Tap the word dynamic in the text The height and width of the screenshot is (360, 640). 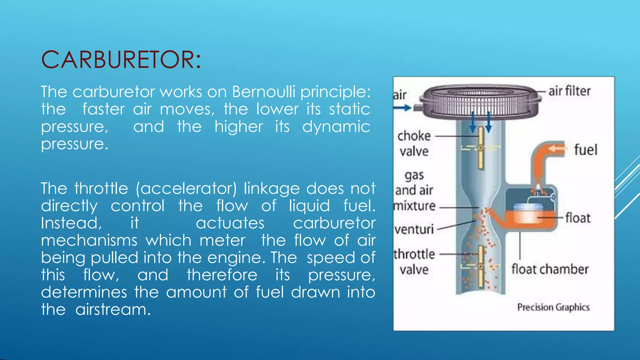336,127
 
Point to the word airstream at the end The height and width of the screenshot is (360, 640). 113,310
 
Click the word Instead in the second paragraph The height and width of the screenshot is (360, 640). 71,223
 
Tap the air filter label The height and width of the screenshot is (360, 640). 569,91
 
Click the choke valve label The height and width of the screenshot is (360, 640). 414,143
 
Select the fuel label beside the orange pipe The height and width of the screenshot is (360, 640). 586,150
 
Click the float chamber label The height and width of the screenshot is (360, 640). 550,269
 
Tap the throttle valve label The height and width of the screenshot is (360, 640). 414,262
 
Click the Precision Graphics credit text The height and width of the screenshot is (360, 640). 553,307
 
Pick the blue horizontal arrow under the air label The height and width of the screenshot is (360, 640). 402,108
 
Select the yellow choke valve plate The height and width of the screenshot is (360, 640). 481,147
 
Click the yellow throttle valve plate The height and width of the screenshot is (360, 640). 481,267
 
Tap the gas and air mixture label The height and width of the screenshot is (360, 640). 414,190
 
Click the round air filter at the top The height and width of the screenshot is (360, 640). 480,102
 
